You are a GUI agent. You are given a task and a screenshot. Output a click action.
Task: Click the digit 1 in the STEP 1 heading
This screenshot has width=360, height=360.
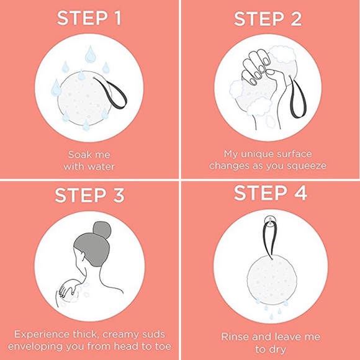click(x=118, y=18)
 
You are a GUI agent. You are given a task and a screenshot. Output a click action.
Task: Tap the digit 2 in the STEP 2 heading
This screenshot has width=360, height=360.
click(x=295, y=19)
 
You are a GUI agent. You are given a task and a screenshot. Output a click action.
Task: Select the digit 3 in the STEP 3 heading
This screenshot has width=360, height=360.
click(x=119, y=195)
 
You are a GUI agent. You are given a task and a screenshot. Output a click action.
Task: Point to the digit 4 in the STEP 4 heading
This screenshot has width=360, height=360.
click(x=300, y=192)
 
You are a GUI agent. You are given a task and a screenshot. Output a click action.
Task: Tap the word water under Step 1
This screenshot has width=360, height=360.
click(x=101, y=166)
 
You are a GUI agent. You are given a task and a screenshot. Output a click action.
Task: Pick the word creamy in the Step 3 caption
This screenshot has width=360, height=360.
click(x=120, y=335)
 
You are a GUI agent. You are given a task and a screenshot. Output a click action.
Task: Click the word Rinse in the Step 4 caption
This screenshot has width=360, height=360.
click(x=235, y=337)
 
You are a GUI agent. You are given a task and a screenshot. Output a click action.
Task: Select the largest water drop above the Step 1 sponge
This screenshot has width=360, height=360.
click(x=90, y=54)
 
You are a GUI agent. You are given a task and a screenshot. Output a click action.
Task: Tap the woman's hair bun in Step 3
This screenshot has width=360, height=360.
click(x=102, y=230)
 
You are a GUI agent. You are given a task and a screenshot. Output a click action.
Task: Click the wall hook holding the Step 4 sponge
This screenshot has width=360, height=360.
click(x=271, y=221)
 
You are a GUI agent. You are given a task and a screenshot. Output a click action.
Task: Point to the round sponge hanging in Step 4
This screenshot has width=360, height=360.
click(x=271, y=278)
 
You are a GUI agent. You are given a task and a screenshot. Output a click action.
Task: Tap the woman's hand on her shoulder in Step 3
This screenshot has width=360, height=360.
click(x=66, y=288)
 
